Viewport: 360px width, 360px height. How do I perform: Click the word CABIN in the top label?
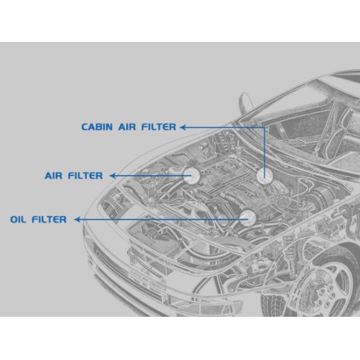tap(97, 127)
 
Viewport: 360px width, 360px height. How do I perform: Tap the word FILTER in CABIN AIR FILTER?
tap(158, 127)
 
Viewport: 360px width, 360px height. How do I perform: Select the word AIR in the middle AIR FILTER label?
tap(53, 176)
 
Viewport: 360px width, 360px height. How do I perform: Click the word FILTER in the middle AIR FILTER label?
tap(85, 176)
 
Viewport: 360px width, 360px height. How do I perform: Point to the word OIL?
tap(18, 220)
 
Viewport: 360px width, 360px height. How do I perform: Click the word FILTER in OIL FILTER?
tap(49, 220)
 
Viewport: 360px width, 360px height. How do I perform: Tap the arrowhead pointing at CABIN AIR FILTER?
tap(183, 127)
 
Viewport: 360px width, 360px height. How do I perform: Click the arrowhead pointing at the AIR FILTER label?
tap(112, 176)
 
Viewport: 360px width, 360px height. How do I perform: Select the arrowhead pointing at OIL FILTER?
tap(77, 220)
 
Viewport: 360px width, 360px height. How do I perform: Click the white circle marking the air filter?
tap(192, 176)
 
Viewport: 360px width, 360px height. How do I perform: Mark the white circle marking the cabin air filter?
tap(265, 176)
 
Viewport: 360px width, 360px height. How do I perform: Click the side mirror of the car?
tap(245, 103)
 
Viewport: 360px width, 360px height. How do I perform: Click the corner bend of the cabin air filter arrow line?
tap(265, 127)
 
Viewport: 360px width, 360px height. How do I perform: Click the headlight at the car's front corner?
tap(113, 205)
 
